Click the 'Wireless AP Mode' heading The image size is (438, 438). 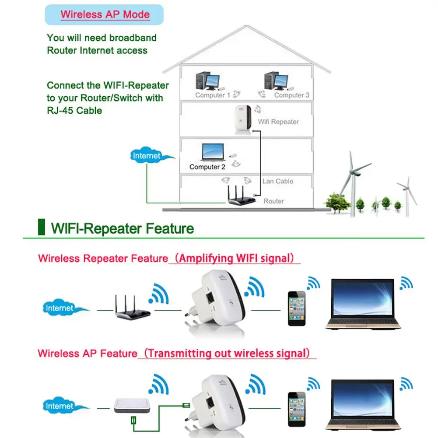pyautogui.click(x=105, y=14)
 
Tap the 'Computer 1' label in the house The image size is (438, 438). pyautogui.click(x=213, y=95)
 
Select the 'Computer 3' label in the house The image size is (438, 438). pyautogui.click(x=291, y=95)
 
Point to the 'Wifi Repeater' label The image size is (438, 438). pyautogui.click(x=278, y=122)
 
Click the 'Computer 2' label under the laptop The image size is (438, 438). pyautogui.click(x=207, y=167)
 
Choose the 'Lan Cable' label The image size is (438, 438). pyautogui.click(x=278, y=181)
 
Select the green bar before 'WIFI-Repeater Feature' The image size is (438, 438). pyautogui.click(x=42, y=228)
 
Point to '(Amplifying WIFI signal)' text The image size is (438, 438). pyautogui.click(x=234, y=258)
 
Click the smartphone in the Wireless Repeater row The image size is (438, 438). pyautogui.click(x=297, y=308)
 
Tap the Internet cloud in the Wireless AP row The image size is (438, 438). pyautogui.click(x=60, y=406)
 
